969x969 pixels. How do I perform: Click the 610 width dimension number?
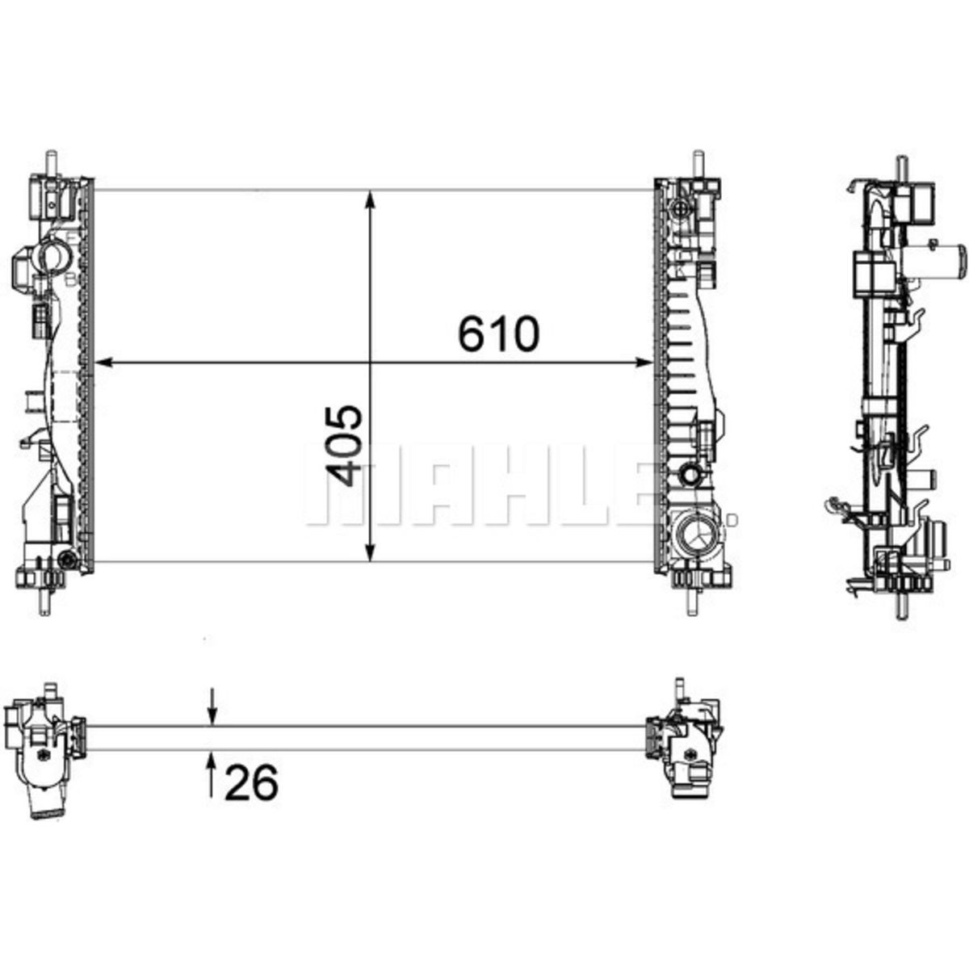point(498,333)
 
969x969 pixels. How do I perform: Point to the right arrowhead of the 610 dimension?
point(643,362)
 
